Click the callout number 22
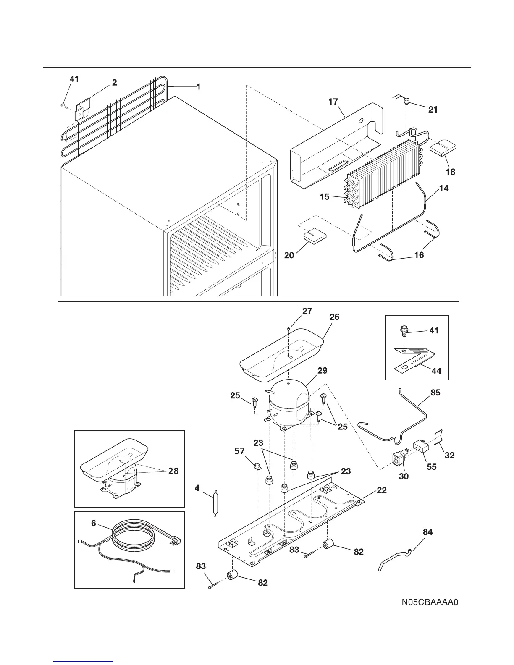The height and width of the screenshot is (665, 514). click(381, 490)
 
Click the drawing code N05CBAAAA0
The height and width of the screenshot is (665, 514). click(429, 603)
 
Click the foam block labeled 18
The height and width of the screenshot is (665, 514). click(443, 149)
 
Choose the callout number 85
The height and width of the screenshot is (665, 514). click(435, 393)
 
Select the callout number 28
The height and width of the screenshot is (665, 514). click(173, 471)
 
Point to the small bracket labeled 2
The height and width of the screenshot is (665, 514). click(83, 109)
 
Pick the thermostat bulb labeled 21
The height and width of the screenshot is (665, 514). click(406, 101)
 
